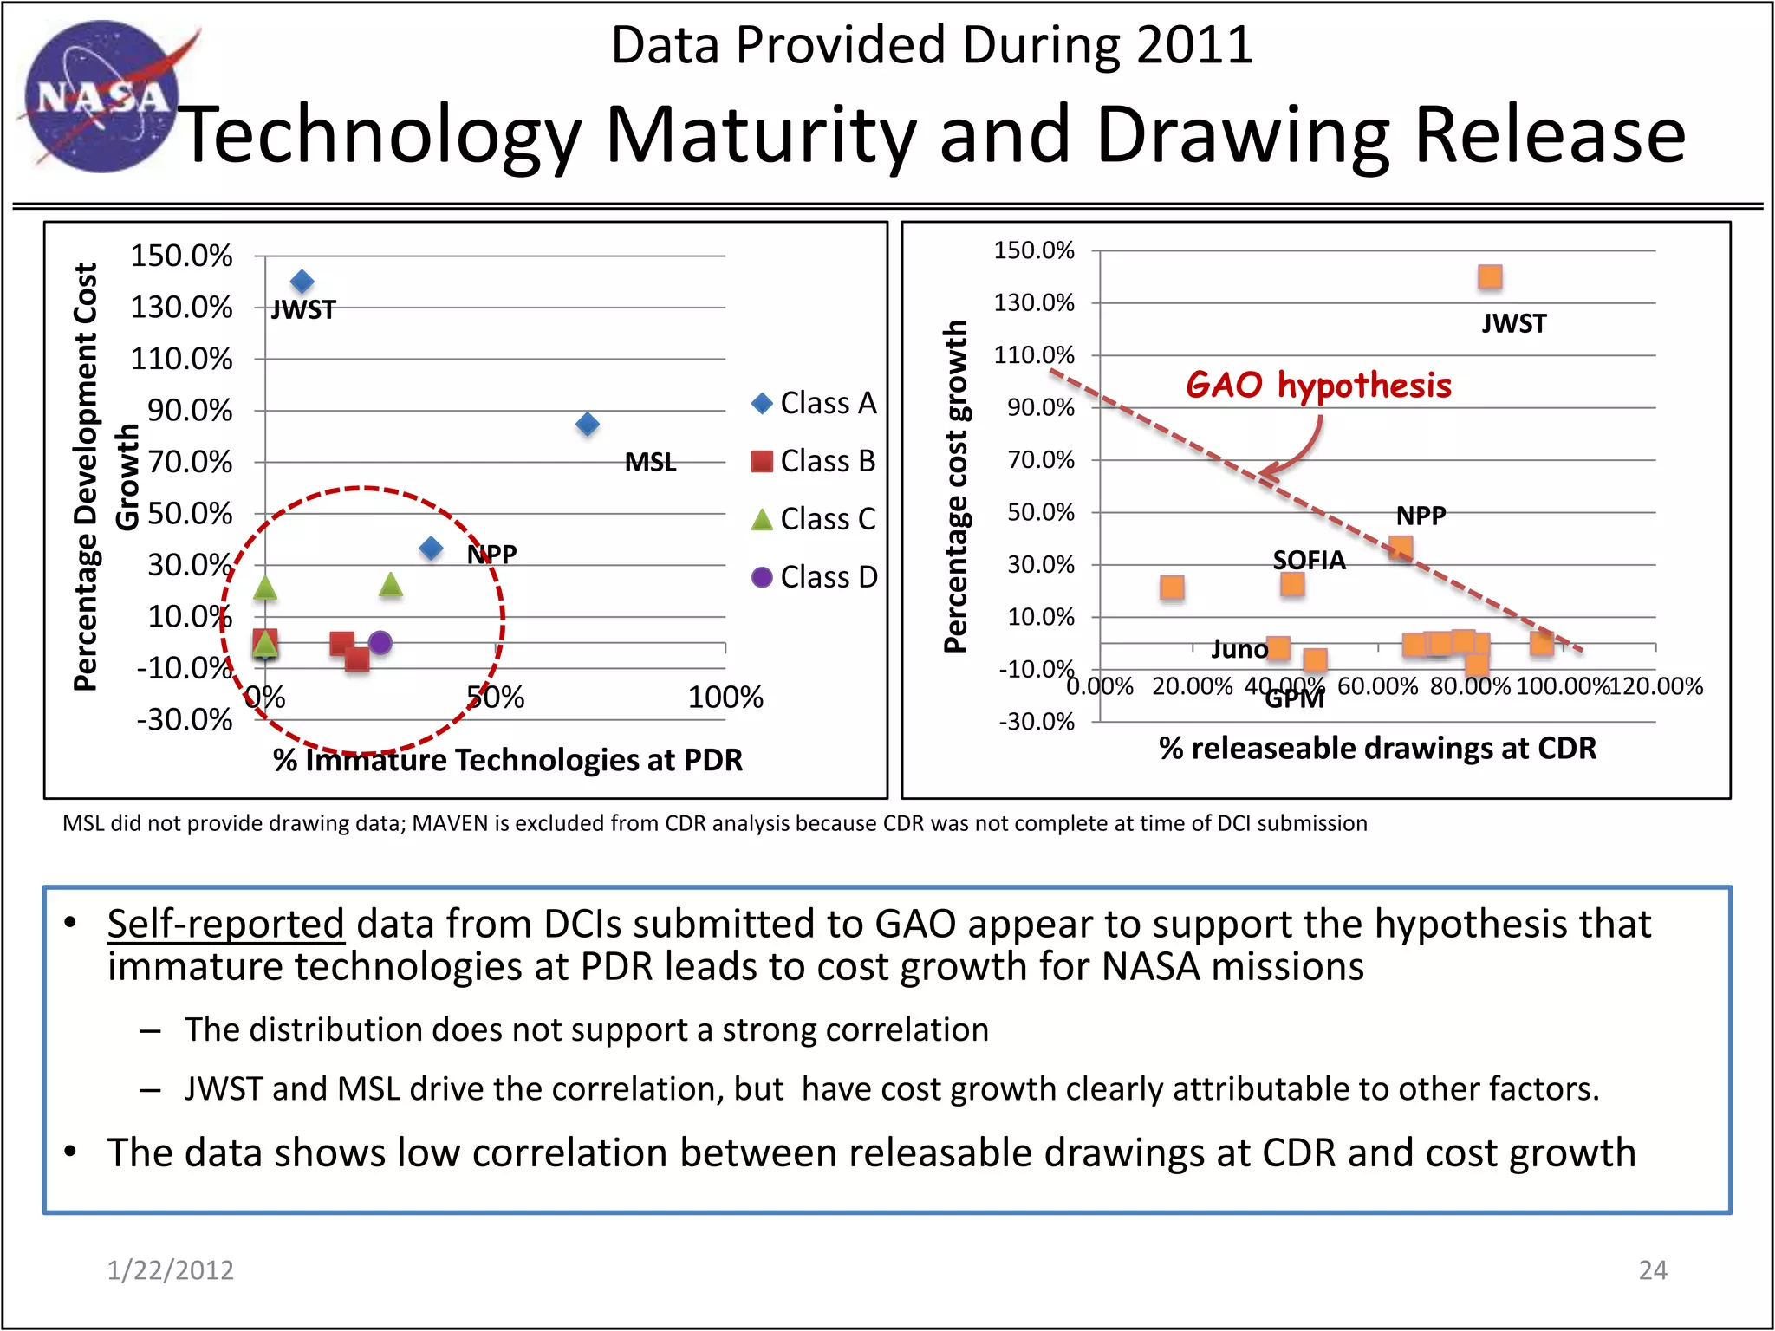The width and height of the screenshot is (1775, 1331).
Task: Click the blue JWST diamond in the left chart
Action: [302, 282]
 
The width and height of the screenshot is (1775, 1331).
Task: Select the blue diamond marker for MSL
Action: [588, 424]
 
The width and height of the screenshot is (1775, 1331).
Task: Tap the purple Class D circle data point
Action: [380, 643]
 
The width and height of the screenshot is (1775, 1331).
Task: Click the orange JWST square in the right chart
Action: [1490, 277]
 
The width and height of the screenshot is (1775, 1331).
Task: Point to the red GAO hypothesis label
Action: [1318, 385]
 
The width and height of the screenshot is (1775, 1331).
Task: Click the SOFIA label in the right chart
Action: [1309, 561]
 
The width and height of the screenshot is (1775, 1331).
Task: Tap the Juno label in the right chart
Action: [1239, 649]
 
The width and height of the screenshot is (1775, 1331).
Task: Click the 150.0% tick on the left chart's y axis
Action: [181, 256]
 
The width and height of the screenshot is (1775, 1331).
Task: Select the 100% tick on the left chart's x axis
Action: [725, 697]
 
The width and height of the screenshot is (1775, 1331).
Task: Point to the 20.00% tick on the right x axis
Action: [1192, 686]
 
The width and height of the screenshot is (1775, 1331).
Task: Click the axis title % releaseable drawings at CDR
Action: [1377, 748]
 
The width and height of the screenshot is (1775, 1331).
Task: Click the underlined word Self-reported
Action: [225, 924]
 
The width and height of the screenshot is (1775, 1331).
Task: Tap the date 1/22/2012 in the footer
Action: [170, 1269]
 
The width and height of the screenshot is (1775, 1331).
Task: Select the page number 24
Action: [1652, 1269]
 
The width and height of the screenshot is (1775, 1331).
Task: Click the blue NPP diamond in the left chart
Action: [431, 548]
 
